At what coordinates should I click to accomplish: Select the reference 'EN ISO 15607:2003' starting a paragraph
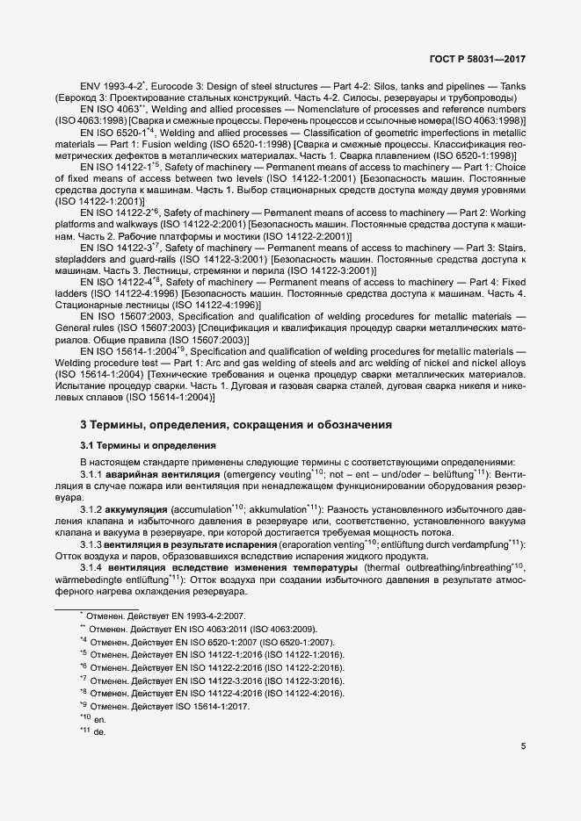click(x=128, y=315)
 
